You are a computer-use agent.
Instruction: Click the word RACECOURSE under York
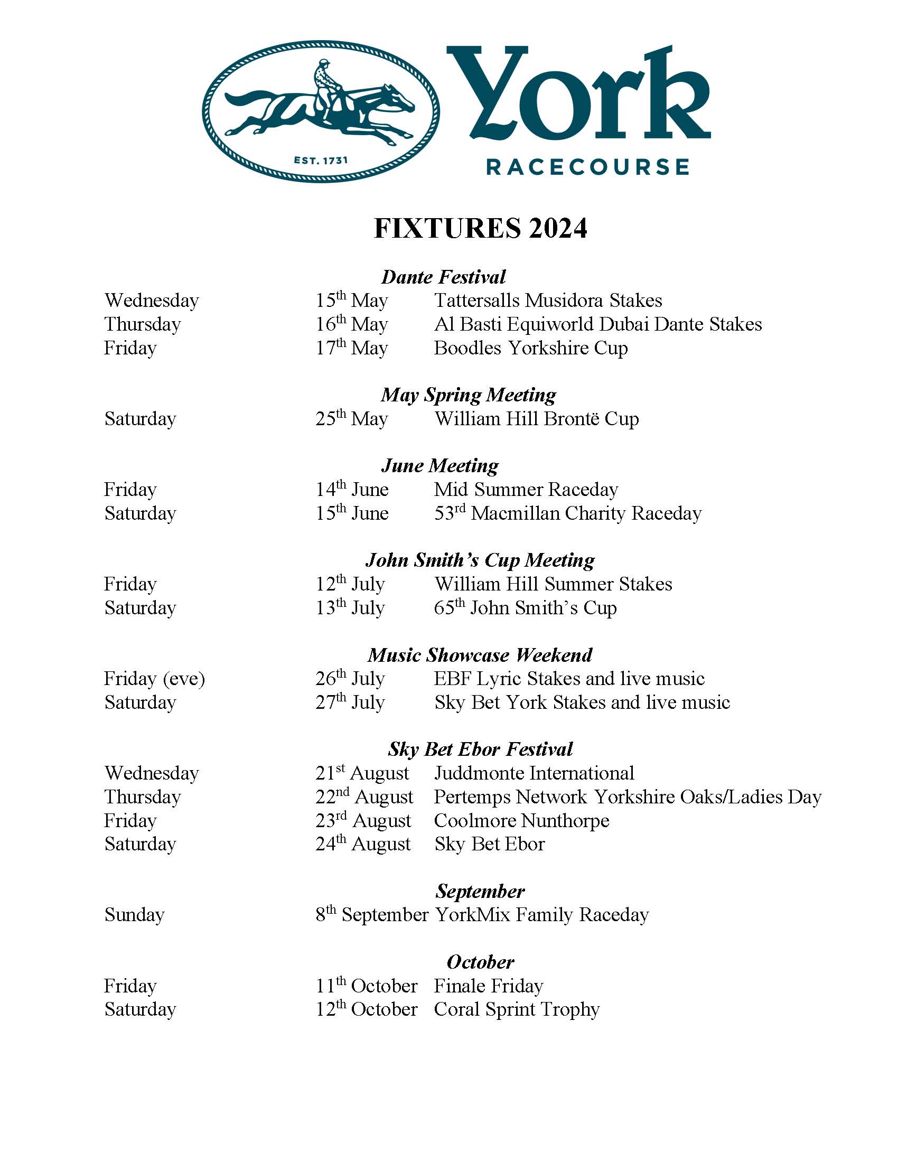[588, 167]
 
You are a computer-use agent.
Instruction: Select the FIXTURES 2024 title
[480, 229]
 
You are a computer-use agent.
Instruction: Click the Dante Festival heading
[443, 277]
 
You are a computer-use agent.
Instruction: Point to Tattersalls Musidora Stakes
[548, 301]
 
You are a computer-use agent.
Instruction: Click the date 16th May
[352, 324]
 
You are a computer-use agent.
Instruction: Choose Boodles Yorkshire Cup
[530, 348]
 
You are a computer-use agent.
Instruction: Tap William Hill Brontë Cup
[536, 419]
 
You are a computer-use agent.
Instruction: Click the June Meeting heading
[439, 465]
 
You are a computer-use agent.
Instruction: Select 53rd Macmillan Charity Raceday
[568, 513]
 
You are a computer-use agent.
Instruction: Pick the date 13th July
[350, 607]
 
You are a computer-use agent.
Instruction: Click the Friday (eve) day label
[154, 679]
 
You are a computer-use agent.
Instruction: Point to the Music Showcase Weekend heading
[479, 655]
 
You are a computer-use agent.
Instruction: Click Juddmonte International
[534, 773]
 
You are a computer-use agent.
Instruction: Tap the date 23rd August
[363, 820]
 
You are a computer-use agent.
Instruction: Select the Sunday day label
[135, 915]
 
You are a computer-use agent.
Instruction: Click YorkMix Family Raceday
[541, 915]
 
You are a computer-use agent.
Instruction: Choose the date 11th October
[367, 986]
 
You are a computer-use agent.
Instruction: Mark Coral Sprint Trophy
[517, 1009]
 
